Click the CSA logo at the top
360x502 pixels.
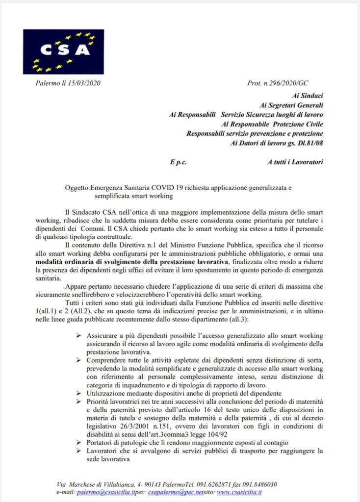[x=63, y=51]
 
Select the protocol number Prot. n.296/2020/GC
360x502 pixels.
[x=278, y=85]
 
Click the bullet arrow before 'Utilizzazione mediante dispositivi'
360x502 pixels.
[x=78, y=393]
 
